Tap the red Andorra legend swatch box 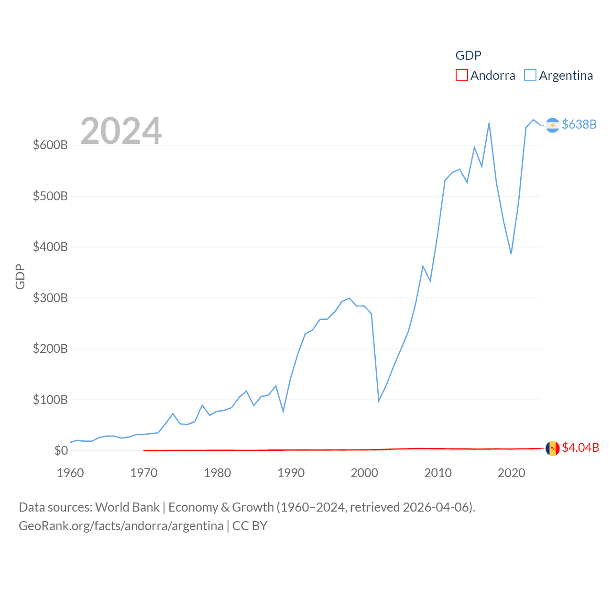(462, 76)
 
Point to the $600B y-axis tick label (50, 145)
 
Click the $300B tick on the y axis (50, 298)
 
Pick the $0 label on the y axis (61, 450)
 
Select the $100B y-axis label (50, 400)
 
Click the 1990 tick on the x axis (291, 473)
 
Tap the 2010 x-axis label (438, 473)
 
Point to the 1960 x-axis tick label (70, 473)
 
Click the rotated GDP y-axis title (20, 276)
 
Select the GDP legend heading (468, 55)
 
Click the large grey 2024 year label (121, 131)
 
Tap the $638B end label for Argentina (579, 124)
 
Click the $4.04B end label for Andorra (580, 448)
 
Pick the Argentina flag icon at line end (552, 125)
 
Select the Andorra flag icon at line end (552, 448)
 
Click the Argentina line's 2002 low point (379, 401)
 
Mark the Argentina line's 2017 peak (489, 123)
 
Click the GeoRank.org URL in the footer (121, 526)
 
